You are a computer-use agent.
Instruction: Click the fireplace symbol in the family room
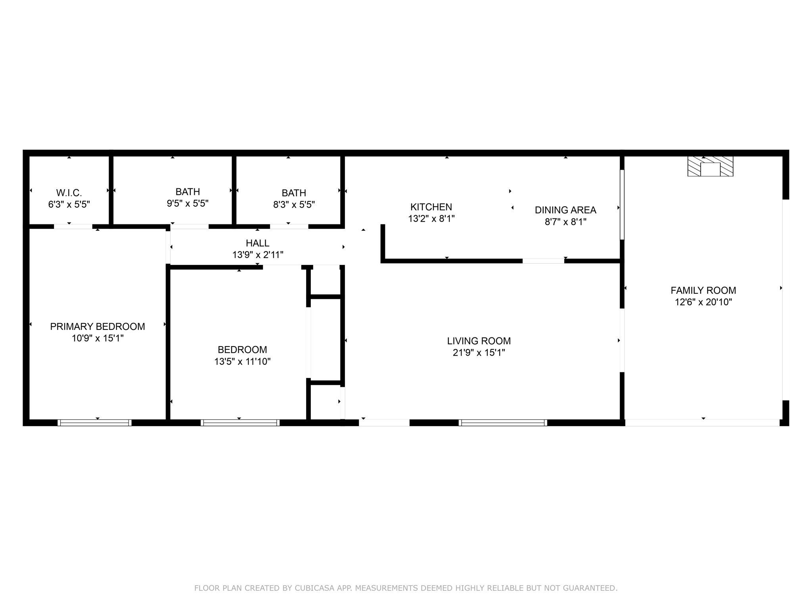pos(710,167)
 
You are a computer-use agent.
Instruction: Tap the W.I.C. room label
pos(69,193)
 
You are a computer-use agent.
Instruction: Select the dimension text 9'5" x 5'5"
pos(188,203)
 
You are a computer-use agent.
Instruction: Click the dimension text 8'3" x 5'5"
pos(294,205)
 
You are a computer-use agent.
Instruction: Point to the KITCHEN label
pos(431,207)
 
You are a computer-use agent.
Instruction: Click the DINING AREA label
pos(565,210)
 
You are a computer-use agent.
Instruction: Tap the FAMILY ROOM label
pos(703,290)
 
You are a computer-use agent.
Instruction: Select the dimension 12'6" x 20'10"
pos(703,302)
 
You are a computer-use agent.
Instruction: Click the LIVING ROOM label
pos(479,341)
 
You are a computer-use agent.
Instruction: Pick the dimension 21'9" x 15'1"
pos(479,352)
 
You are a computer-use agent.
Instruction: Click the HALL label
pos(257,243)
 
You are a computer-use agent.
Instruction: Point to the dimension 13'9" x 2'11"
pos(257,255)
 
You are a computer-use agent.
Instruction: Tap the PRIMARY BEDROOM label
pos(98,327)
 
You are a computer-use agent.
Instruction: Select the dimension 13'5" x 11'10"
pos(242,362)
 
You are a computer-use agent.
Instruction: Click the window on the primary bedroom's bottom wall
pos(94,423)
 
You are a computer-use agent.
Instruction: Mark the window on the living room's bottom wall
pos(503,423)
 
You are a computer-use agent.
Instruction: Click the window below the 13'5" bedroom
pos(240,423)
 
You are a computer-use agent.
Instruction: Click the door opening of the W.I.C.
pos(73,227)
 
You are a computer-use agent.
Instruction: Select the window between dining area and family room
pos(622,205)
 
